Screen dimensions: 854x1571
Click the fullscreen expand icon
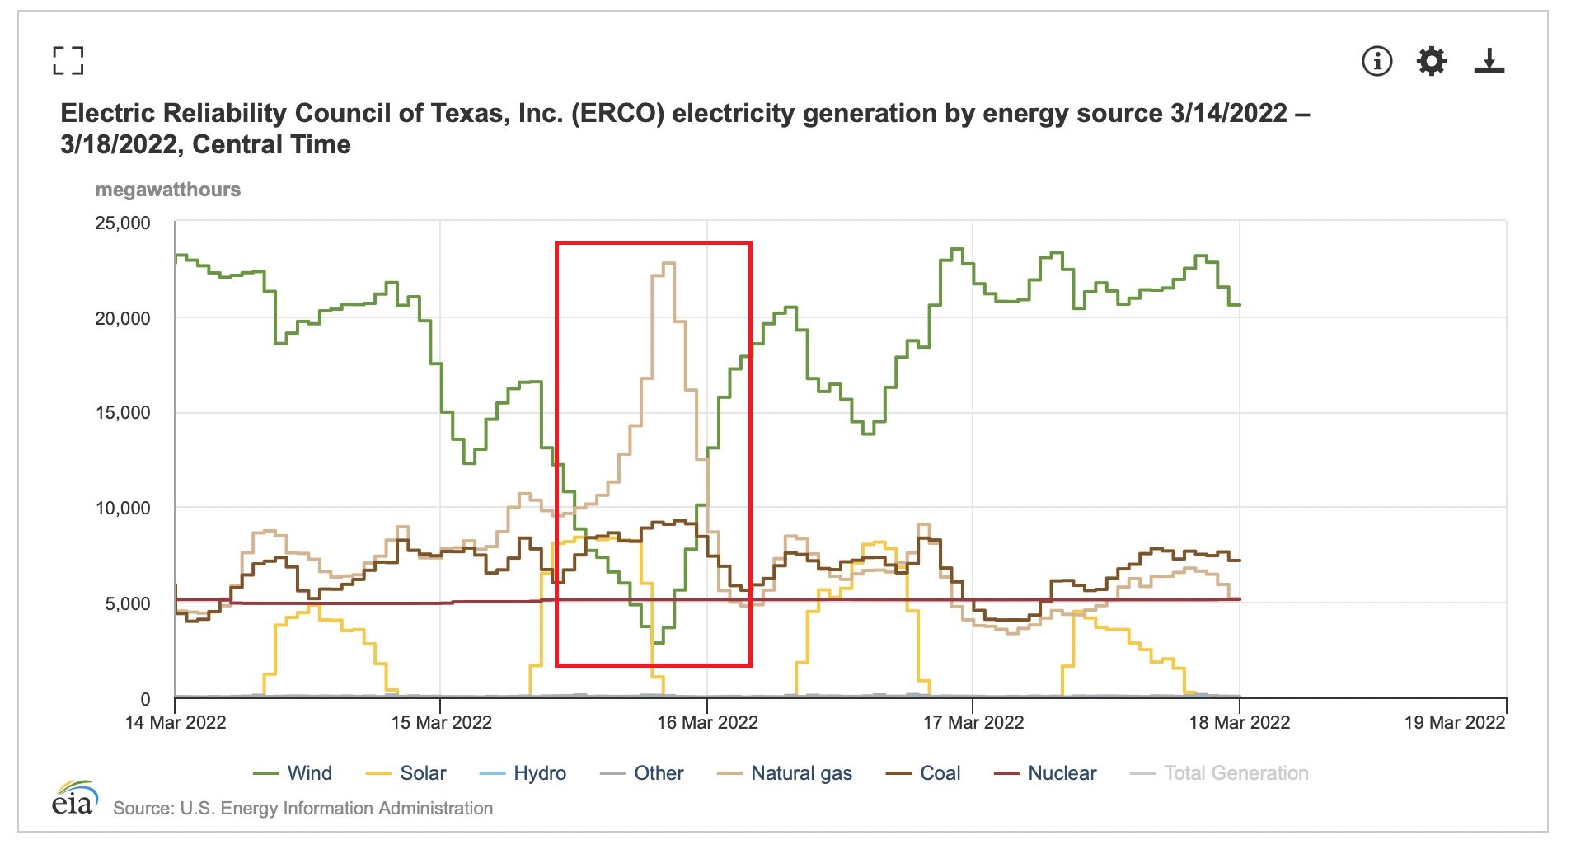coord(68,61)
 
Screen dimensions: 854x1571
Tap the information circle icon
coord(1376,61)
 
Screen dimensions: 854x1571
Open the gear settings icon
coord(1432,61)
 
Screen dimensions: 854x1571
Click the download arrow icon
coord(1489,61)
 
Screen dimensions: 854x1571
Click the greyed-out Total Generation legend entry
coord(1219,773)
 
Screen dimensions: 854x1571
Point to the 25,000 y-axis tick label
coord(123,223)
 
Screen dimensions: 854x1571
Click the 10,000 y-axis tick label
coord(123,508)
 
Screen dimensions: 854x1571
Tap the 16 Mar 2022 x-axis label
coord(707,723)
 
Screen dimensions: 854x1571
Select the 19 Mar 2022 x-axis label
coord(1454,723)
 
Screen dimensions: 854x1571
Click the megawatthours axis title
coord(168,190)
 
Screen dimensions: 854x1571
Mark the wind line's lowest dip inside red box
coord(658,642)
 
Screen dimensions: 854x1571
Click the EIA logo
coord(74,799)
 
